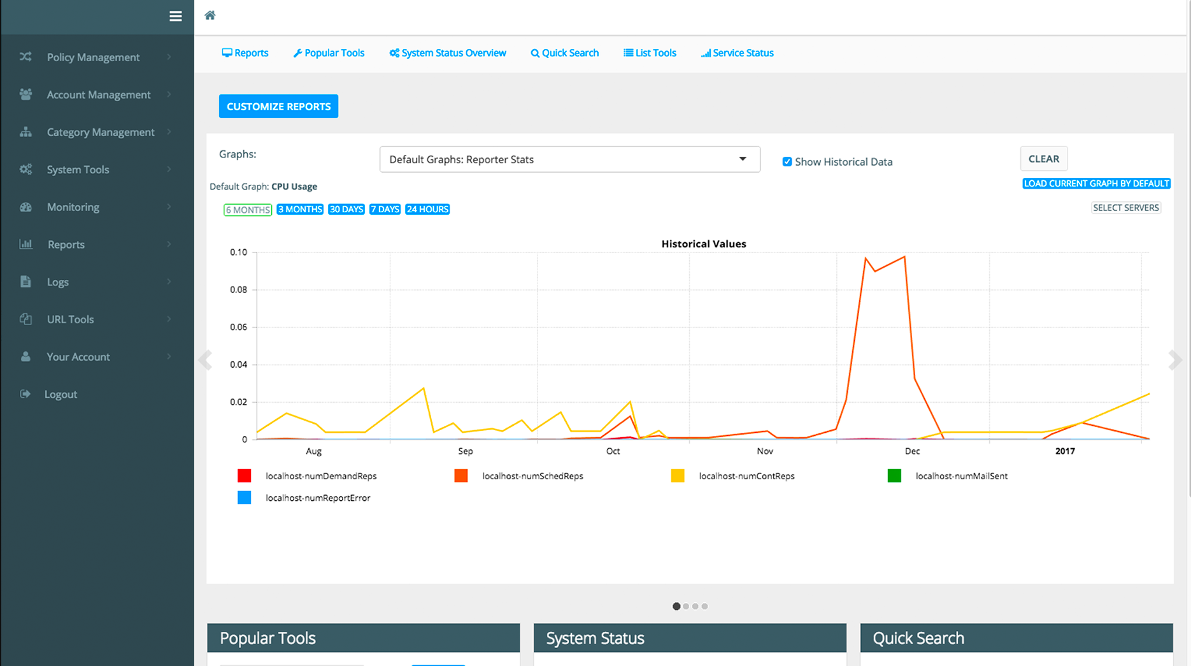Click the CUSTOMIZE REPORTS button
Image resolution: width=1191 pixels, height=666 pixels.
click(278, 106)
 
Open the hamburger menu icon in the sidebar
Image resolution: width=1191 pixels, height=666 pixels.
click(176, 17)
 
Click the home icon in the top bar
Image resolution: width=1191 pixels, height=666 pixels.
click(210, 15)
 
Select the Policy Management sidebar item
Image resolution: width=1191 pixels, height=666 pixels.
click(93, 57)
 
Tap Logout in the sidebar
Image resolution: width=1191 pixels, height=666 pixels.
click(61, 395)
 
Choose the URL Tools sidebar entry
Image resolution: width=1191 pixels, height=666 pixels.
click(70, 319)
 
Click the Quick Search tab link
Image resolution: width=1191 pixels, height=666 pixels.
click(565, 53)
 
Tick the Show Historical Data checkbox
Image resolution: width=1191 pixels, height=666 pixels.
click(787, 162)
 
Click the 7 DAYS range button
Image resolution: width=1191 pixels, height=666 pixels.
click(385, 210)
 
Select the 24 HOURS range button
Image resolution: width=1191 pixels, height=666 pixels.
click(427, 210)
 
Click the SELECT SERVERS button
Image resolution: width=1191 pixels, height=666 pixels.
click(1125, 208)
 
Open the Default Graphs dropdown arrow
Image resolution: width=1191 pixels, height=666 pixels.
click(743, 159)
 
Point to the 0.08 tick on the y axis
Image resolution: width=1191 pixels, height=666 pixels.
click(239, 290)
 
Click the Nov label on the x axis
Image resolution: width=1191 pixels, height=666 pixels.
click(765, 451)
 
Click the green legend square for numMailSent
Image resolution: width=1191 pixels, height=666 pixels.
click(894, 476)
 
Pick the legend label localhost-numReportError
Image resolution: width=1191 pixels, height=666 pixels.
click(318, 498)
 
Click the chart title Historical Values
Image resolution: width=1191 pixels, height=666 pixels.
click(704, 244)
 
